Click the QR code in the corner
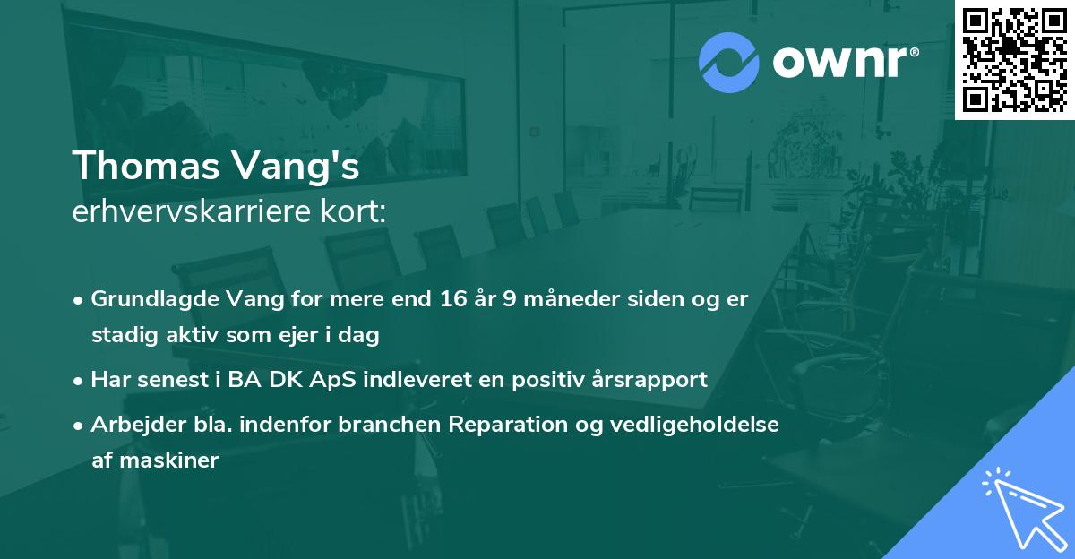pyautogui.click(x=1015, y=59)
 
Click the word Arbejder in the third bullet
pyautogui.click(x=131, y=424)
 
